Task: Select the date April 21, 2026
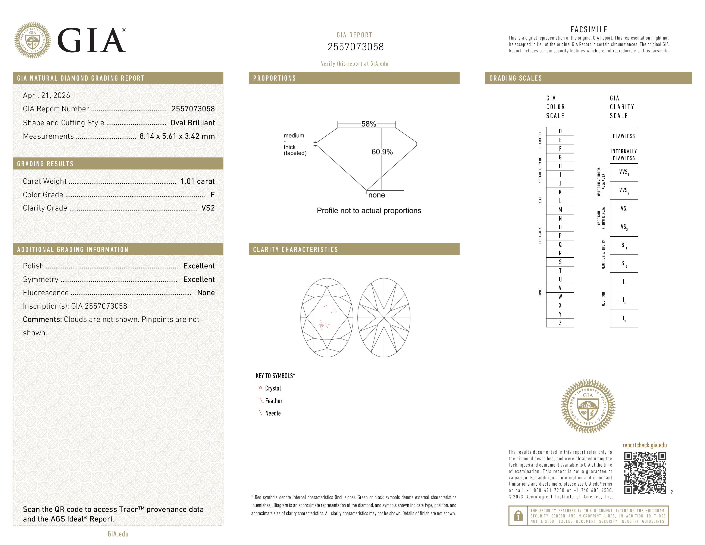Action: coord(47,95)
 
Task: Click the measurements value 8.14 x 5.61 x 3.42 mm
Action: coord(177,136)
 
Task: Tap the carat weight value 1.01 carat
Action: coord(197,181)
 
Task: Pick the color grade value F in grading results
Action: coord(212,195)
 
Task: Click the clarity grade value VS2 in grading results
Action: coord(208,208)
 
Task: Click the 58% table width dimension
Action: coord(368,124)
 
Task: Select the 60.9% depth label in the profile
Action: coord(382,152)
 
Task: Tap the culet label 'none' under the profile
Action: coord(376,195)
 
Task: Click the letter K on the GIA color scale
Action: coord(560,192)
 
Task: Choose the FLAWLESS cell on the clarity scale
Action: coord(624,136)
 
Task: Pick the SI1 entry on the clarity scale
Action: coord(624,245)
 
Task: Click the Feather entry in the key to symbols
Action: coord(273,401)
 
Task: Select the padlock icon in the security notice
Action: coord(518,516)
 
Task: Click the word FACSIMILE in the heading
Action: coord(589,29)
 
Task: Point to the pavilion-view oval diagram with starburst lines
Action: coord(384,318)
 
